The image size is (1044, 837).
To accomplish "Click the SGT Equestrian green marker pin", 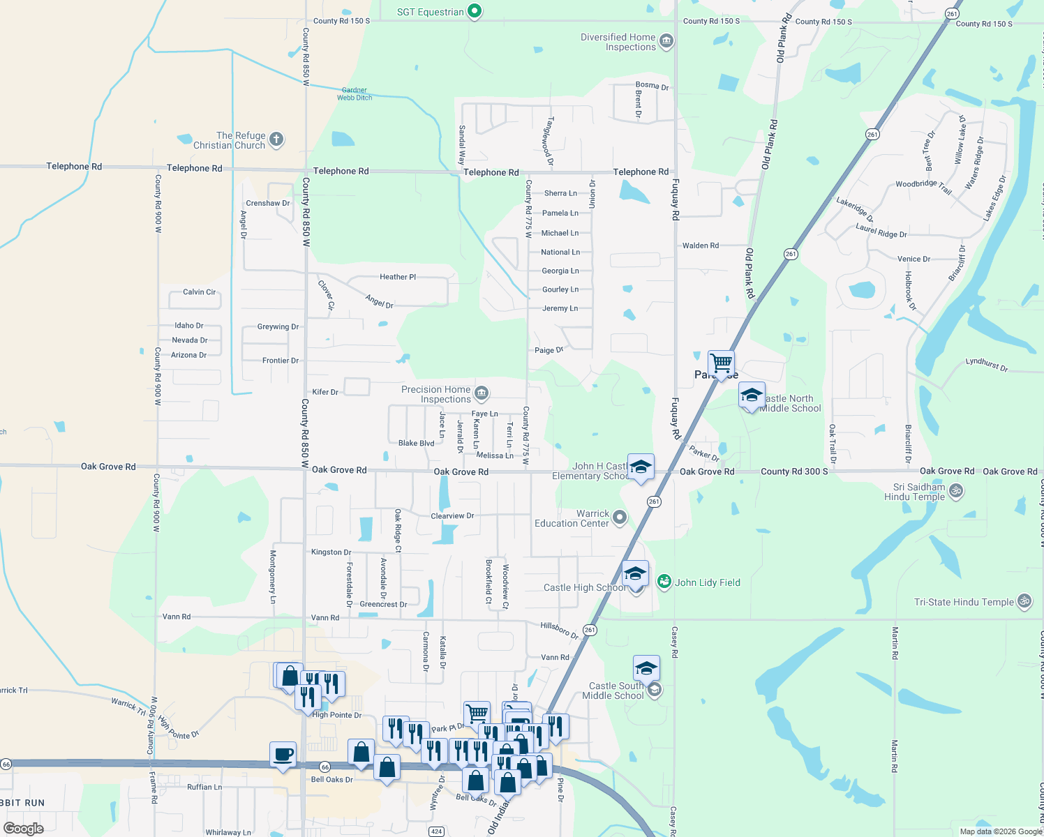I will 475,11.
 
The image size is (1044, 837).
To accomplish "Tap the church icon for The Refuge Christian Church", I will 276,139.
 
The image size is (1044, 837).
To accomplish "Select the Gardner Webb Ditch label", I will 355,94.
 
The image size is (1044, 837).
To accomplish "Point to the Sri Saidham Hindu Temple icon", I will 956,491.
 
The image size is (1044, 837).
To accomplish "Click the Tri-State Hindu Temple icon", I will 1024,601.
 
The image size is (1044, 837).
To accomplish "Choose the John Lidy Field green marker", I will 664,581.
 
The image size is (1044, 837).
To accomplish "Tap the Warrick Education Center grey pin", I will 619,518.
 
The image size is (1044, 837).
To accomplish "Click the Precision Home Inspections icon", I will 482,394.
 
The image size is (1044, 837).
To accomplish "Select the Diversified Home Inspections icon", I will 666,42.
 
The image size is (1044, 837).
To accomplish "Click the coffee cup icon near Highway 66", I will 283,755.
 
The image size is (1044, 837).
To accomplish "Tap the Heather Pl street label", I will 398,277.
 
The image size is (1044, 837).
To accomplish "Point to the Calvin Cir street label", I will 199,292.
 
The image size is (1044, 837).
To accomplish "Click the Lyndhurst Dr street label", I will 986,364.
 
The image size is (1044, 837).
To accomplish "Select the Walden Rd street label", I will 701,246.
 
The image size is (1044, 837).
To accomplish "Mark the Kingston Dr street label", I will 331,552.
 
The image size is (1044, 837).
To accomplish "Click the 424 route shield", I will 436,831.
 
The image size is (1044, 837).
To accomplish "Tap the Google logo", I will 24,828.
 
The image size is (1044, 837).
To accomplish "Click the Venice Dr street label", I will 913,259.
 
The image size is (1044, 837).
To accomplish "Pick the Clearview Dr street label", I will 452,516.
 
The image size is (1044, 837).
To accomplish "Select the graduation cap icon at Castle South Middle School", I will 646,668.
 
